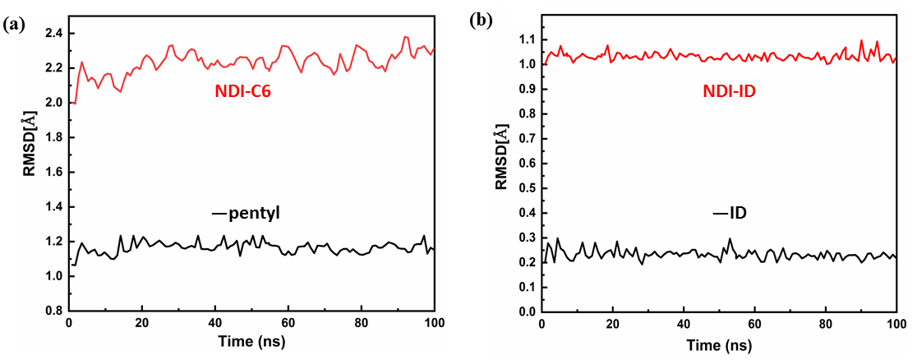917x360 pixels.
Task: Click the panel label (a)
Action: (x=13, y=24)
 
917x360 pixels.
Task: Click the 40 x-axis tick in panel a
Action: (x=214, y=323)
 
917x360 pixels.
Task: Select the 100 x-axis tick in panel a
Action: (x=433, y=323)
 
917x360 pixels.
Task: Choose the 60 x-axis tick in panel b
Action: (x=754, y=323)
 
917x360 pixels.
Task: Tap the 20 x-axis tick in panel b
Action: (x=613, y=323)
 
